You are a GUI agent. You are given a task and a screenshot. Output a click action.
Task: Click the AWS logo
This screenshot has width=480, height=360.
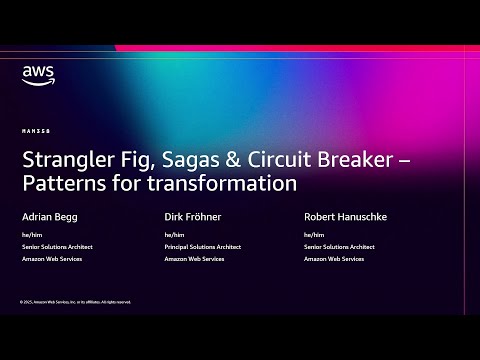pyautogui.click(x=38, y=75)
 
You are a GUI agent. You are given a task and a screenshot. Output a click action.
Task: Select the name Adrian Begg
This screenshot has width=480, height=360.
pyautogui.click(x=50, y=216)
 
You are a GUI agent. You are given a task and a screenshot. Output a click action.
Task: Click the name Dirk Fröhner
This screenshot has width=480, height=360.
pyautogui.click(x=194, y=216)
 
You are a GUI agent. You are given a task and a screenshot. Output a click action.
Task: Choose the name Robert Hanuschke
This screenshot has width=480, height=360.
pyautogui.click(x=346, y=216)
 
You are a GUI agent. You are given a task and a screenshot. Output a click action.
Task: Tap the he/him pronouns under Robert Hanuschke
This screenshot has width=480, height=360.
pyautogui.click(x=313, y=235)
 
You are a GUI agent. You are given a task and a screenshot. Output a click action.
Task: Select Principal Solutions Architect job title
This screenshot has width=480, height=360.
pyautogui.click(x=203, y=247)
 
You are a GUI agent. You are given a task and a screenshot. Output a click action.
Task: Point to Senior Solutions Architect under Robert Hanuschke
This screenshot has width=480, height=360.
pyautogui.click(x=340, y=247)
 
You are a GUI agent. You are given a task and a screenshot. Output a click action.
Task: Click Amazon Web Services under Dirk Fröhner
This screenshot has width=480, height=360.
pyautogui.click(x=193, y=259)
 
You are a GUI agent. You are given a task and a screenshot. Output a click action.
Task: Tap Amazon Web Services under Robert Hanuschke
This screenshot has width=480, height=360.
pyautogui.click(x=333, y=259)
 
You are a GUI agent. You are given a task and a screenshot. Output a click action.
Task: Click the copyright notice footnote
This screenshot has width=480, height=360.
pyautogui.click(x=75, y=301)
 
